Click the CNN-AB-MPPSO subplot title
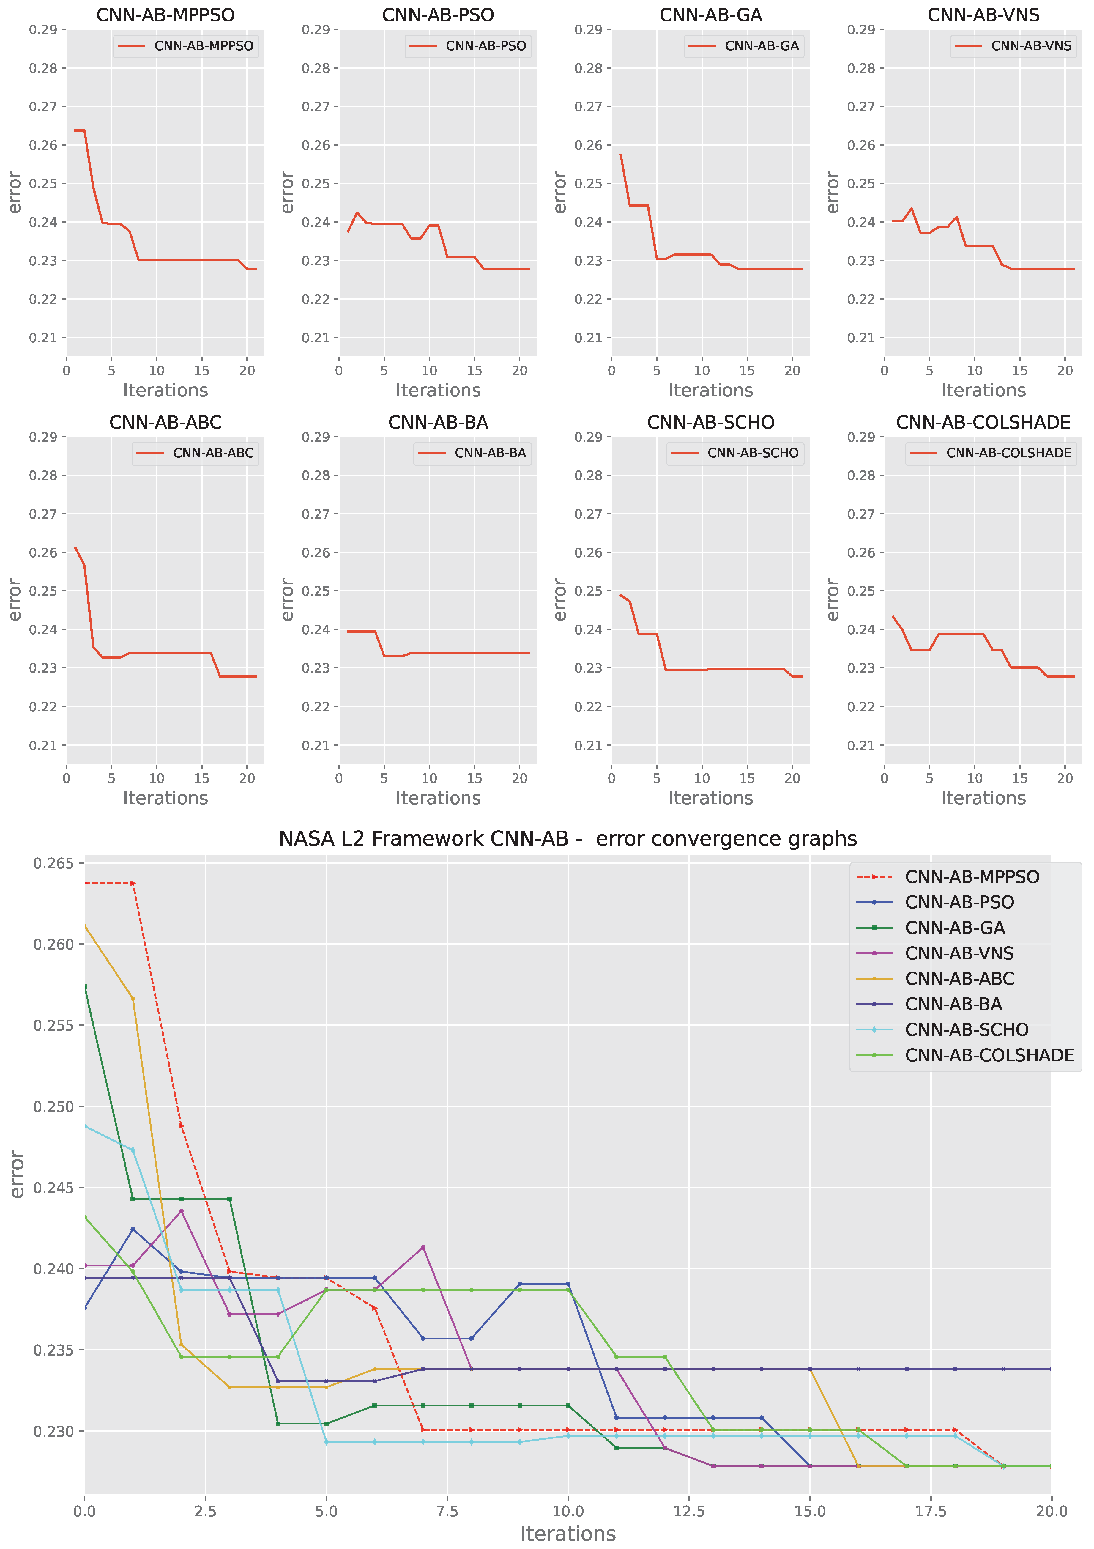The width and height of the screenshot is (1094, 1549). pyautogui.click(x=165, y=15)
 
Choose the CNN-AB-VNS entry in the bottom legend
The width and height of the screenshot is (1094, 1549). pyautogui.click(x=959, y=953)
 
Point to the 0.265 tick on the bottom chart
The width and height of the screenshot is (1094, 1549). pyautogui.click(x=54, y=864)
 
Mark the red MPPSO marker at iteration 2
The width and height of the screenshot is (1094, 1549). pyautogui.click(x=181, y=1126)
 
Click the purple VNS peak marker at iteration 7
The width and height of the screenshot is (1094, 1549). pyautogui.click(x=423, y=1247)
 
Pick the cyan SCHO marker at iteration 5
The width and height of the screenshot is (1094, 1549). pyautogui.click(x=327, y=1442)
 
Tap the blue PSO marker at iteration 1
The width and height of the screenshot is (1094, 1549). pyautogui.click(x=133, y=1229)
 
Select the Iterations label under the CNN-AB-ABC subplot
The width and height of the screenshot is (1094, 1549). pyautogui.click(x=165, y=798)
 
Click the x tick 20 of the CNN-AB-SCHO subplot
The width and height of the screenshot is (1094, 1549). pyautogui.click(x=792, y=778)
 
